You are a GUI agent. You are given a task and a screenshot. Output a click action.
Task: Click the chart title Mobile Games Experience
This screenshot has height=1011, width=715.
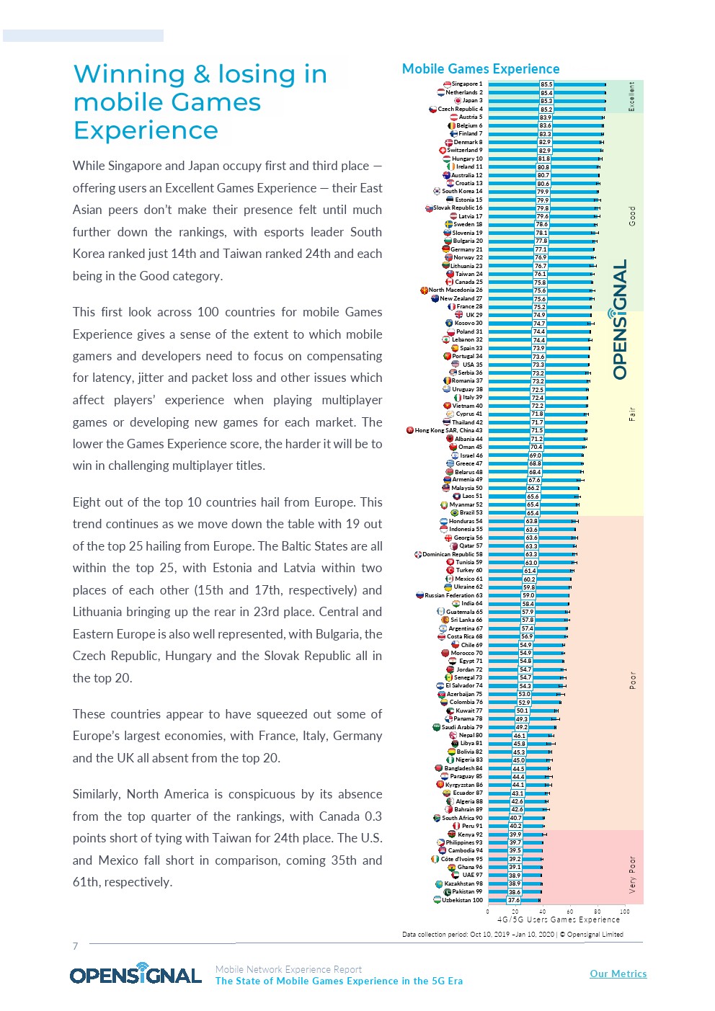pos(481,69)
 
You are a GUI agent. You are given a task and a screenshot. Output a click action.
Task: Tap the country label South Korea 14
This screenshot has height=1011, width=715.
pos(462,192)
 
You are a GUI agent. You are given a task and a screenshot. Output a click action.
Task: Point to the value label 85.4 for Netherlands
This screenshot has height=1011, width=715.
pos(546,93)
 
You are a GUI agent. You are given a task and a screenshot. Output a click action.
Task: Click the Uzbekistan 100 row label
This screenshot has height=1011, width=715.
pos(462,900)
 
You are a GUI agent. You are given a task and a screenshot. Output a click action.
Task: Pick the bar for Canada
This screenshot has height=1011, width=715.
pos(512,282)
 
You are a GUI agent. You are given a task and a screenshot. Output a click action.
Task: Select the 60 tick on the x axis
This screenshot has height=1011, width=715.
pos(570,912)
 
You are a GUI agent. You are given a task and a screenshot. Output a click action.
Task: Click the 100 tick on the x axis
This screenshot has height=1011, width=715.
pos(625,912)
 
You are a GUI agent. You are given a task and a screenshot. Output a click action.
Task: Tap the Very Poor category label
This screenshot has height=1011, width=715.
pos(633,874)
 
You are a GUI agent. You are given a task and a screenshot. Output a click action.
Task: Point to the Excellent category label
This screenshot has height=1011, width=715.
pos(632,97)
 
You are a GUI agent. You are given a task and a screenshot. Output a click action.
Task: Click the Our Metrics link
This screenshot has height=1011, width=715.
pos(618,974)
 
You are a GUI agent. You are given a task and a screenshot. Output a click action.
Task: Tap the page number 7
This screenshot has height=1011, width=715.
pos(75,946)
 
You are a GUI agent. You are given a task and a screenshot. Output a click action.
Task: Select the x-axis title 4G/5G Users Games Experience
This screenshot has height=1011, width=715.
pos(559,919)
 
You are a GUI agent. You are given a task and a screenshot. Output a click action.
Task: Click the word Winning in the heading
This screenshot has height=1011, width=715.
pos(129,74)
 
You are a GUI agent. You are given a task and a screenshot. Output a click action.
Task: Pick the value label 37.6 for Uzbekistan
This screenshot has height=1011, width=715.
pos(514,900)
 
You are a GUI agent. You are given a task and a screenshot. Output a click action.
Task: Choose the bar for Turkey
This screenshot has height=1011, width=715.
pos(505,571)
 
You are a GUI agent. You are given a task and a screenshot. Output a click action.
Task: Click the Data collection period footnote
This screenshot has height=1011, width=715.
pos(512,935)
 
